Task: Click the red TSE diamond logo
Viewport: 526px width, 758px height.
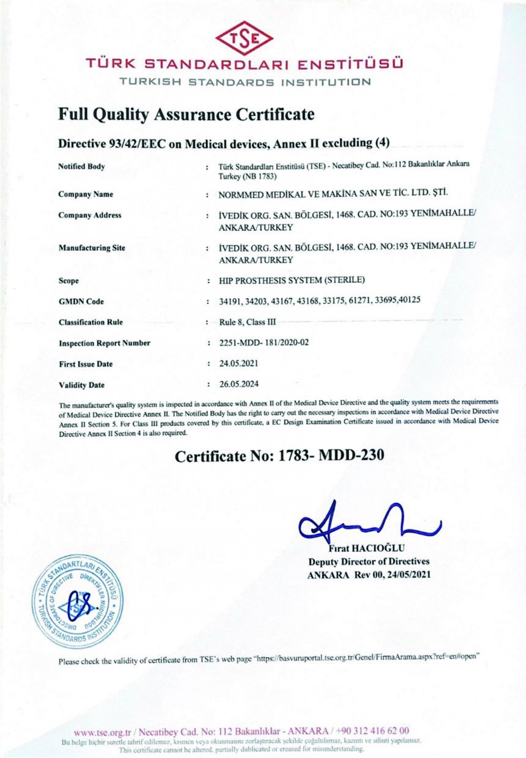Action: point(245,38)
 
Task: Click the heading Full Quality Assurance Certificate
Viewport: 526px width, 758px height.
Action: point(186,115)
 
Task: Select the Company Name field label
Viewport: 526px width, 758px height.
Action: point(86,194)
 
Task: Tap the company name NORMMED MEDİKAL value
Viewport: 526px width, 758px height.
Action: point(333,193)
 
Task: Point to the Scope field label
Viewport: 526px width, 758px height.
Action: point(69,281)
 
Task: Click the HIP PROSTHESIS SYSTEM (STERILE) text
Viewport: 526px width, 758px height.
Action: point(292,280)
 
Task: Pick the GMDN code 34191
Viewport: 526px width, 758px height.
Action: point(230,301)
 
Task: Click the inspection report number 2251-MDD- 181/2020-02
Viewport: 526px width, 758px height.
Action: point(264,342)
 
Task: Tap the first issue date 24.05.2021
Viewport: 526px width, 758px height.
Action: point(239,363)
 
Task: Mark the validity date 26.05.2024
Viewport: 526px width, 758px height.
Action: point(239,384)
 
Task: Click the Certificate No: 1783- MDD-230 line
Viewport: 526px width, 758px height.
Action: point(279,456)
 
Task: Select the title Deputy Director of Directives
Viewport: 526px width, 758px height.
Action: point(369,562)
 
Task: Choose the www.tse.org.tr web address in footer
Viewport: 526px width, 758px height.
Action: point(102,732)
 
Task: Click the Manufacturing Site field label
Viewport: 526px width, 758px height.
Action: point(92,248)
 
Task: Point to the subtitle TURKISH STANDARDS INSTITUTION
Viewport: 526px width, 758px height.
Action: point(245,82)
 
